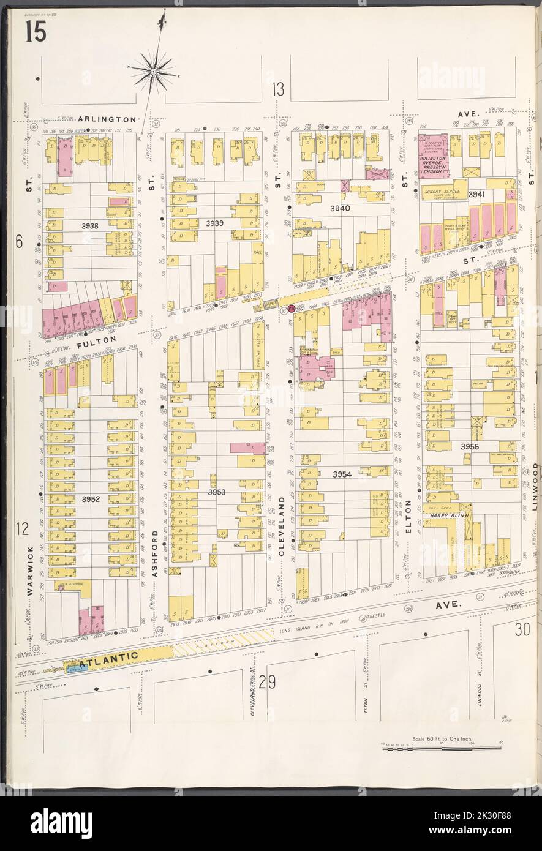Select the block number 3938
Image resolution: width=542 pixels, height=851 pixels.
coord(90,227)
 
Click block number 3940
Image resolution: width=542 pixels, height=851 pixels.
coord(340,208)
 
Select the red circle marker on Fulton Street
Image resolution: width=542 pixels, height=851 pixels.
coord(292,309)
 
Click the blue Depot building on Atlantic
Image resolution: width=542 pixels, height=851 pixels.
coord(77,669)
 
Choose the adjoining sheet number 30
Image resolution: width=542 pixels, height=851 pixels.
coord(522,630)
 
